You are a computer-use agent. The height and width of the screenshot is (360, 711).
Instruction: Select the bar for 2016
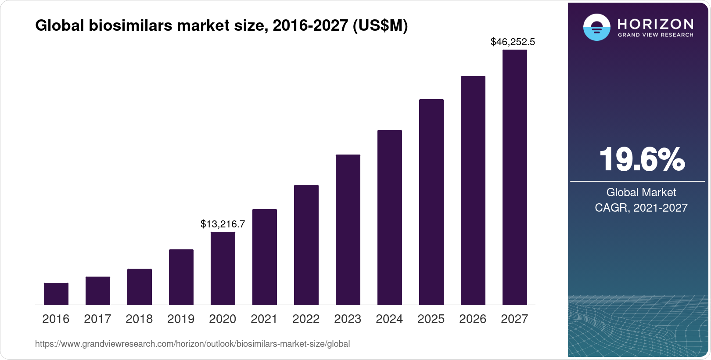(56, 294)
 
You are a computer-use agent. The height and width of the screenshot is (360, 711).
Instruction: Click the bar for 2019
(181, 277)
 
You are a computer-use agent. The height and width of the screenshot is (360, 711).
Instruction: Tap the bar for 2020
(223, 268)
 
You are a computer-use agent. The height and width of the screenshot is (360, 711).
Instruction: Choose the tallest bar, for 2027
(515, 177)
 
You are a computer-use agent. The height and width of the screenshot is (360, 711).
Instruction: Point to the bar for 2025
(431, 202)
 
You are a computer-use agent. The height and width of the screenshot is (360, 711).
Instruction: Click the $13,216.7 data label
(223, 224)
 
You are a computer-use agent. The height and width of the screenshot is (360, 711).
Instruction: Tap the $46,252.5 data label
(513, 42)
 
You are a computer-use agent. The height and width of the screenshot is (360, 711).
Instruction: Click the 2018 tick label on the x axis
(139, 319)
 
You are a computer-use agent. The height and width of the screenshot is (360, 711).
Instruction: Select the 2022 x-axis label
(306, 319)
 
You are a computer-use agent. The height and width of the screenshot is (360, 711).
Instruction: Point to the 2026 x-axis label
(473, 319)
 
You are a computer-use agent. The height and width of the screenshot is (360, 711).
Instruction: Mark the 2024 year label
(389, 319)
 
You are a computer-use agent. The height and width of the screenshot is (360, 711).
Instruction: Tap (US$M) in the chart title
(380, 26)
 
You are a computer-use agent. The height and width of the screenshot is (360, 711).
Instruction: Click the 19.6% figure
(641, 159)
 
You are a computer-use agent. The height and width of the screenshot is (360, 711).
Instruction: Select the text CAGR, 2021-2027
(641, 208)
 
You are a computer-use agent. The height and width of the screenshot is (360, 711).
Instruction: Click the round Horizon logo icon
(596, 27)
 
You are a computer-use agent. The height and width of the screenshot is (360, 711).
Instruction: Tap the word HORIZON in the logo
(655, 24)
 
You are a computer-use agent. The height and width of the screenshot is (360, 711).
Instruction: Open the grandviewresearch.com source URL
(192, 344)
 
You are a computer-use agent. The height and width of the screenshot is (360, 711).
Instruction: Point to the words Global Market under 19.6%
(641, 192)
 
